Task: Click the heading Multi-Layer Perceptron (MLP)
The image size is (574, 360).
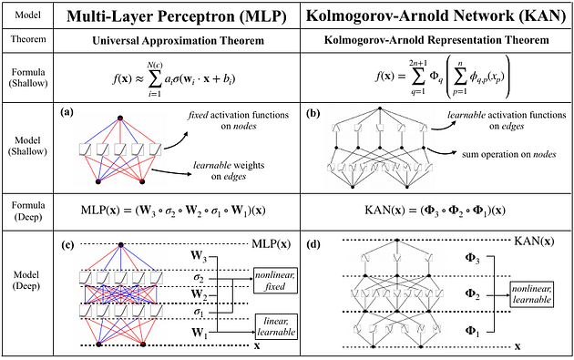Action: [177, 16]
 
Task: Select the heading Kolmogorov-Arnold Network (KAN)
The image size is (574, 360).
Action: [436, 16]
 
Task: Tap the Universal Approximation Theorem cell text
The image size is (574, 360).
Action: [178, 40]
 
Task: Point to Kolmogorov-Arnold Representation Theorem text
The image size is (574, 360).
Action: [436, 40]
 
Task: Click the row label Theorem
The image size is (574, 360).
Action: [28, 39]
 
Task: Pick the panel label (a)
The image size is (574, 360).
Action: [67, 112]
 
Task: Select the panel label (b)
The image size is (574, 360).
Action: [313, 113]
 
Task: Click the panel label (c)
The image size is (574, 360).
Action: [67, 245]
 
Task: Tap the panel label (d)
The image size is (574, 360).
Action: [313, 245]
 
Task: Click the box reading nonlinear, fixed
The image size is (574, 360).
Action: [275, 281]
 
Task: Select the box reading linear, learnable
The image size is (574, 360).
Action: [276, 327]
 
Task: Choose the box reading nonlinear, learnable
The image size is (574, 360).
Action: [532, 294]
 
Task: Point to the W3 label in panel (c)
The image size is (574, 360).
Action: [199, 256]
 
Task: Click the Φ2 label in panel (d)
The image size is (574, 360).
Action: [472, 294]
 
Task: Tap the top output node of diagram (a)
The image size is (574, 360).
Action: [119, 118]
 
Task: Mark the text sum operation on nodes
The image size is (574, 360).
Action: [508, 154]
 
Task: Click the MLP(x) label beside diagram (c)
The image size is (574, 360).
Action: [272, 244]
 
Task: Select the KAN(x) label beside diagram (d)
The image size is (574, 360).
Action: [534, 241]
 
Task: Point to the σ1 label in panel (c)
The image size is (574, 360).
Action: [199, 313]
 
